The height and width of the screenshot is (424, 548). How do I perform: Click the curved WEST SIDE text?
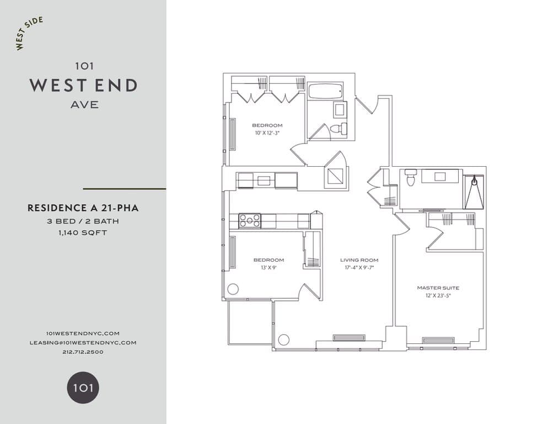(x=29, y=34)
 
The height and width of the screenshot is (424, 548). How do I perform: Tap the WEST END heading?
(x=83, y=85)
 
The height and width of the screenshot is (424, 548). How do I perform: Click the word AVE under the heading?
(x=84, y=104)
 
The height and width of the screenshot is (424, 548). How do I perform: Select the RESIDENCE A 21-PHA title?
(x=83, y=208)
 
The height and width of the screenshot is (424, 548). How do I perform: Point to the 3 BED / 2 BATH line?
(x=83, y=221)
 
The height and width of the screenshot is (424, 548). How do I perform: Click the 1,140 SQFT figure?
(x=83, y=232)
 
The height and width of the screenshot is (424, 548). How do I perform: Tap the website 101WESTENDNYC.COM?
(x=83, y=333)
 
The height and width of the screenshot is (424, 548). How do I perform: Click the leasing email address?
(x=83, y=342)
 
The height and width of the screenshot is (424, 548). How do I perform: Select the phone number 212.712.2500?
(x=83, y=352)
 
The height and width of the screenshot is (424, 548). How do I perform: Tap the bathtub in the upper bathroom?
(x=325, y=91)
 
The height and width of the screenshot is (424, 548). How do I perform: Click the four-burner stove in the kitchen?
(x=249, y=221)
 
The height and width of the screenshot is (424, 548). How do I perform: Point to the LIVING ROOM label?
(x=359, y=260)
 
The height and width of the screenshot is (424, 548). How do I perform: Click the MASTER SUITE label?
(x=438, y=288)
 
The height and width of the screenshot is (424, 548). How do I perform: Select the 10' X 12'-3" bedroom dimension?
(x=267, y=133)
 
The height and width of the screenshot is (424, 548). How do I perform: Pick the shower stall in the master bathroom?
(x=474, y=191)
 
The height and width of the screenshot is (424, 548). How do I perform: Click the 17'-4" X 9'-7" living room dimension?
(x=359, y=268)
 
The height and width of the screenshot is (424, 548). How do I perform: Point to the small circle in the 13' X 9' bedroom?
(x=233, y=289)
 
